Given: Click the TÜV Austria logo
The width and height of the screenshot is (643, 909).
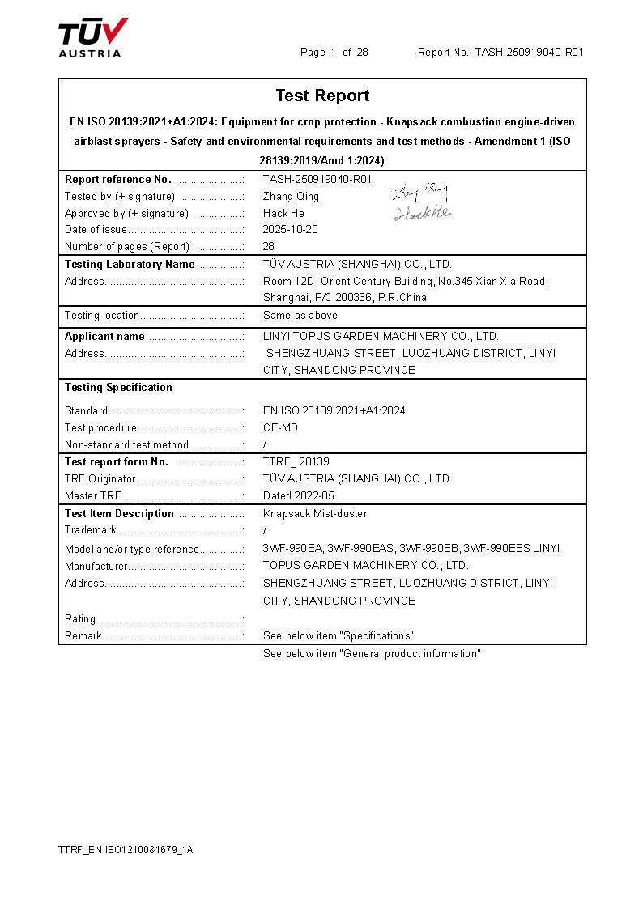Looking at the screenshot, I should point(92,38).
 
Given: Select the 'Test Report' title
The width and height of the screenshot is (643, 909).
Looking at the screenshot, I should point(322,96).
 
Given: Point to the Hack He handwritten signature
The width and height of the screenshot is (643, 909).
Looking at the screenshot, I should point(422,214).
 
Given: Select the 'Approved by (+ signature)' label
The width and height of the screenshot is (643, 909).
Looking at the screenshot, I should point(126,214).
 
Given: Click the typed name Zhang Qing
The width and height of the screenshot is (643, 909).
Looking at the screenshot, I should point(291,197).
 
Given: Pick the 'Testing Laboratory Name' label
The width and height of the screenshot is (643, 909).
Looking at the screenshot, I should point(130,265).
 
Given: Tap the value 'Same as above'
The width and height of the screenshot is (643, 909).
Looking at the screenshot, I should point(300,316).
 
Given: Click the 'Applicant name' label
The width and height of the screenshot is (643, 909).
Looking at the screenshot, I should point(104,337).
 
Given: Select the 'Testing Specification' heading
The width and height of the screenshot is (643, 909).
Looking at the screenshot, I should point(118,388).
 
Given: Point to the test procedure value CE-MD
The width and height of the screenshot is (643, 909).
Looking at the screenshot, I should point(280,428).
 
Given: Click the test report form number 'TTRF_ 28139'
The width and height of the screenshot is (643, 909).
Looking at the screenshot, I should point(296,462).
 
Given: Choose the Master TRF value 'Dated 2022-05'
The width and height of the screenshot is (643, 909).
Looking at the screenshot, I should point(299,496).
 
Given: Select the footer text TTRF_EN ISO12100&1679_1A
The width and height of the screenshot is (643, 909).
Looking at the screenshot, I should point(126,850).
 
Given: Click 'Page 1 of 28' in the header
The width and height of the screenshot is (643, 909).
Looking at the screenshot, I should point(334,53).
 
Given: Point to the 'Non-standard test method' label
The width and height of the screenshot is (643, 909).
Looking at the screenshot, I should point(126,445).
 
